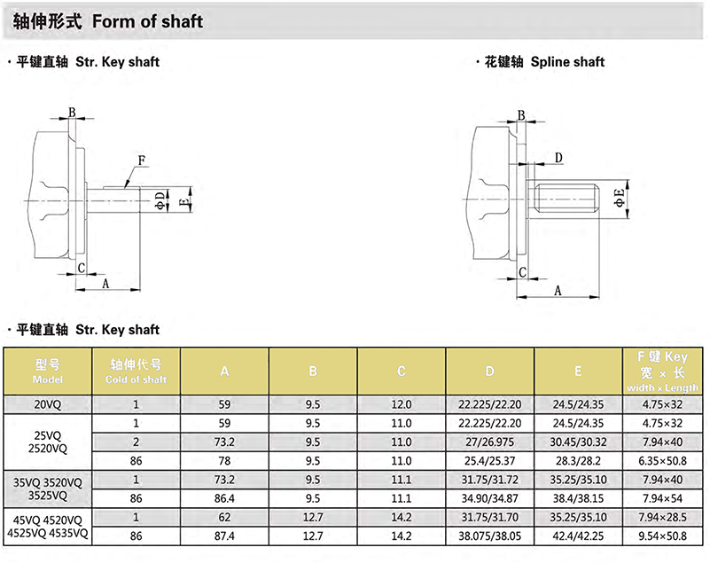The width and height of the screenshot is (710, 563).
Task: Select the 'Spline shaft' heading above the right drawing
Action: point(567,62)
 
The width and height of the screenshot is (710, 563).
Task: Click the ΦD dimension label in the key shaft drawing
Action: point(160,199)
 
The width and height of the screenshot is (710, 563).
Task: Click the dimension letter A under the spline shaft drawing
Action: point(558,290)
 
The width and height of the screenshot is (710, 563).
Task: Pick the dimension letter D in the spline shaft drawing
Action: point(558,158)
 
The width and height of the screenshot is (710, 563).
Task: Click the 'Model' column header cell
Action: point(48,371)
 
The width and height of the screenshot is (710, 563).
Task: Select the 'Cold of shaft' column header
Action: point(136,371)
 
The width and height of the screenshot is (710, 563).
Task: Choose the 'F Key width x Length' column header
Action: point(663,371)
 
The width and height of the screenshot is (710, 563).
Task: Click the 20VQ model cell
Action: point(48,404)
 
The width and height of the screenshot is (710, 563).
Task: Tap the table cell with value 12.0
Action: point(402,404)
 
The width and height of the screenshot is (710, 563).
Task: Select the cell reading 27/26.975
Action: point(490,442)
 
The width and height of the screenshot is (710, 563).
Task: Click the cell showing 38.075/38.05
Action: point(490,536)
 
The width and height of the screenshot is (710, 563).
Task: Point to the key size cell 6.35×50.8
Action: point(663,460)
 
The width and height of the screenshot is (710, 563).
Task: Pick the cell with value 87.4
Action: point(224,536)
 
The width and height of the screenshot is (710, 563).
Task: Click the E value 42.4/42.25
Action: point(579,536)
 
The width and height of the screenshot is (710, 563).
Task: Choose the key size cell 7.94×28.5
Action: point(663,518)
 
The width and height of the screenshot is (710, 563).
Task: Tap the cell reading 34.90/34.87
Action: point(490,498)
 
